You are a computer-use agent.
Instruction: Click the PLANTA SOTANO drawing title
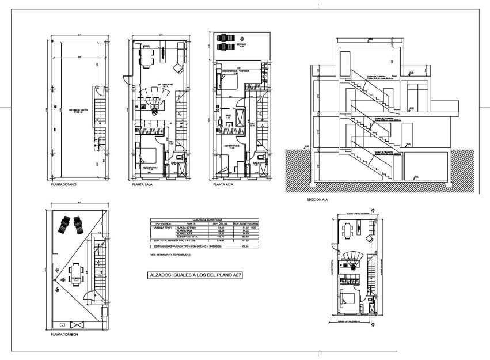tap(63, 186)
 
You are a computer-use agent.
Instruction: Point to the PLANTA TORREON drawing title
tap(64, 334)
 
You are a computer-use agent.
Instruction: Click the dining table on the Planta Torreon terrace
tap(74, 270)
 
